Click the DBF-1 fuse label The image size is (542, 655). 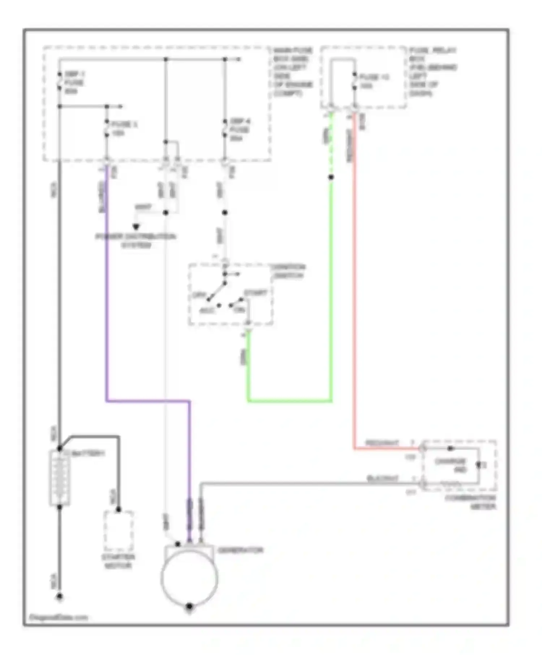[74, 83]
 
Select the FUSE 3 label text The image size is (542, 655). [124, 129]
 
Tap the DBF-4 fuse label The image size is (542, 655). [240, 130]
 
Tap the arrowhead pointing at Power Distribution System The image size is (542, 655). [136, 227]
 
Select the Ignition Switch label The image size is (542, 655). [288, 271]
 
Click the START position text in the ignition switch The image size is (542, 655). [255, 293]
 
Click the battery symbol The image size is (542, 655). [60, 478]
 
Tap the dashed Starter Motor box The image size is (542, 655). [119, 531]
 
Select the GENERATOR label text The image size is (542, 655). [240, 550]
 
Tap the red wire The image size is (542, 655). [354, 289]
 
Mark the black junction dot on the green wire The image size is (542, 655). [331, 177]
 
